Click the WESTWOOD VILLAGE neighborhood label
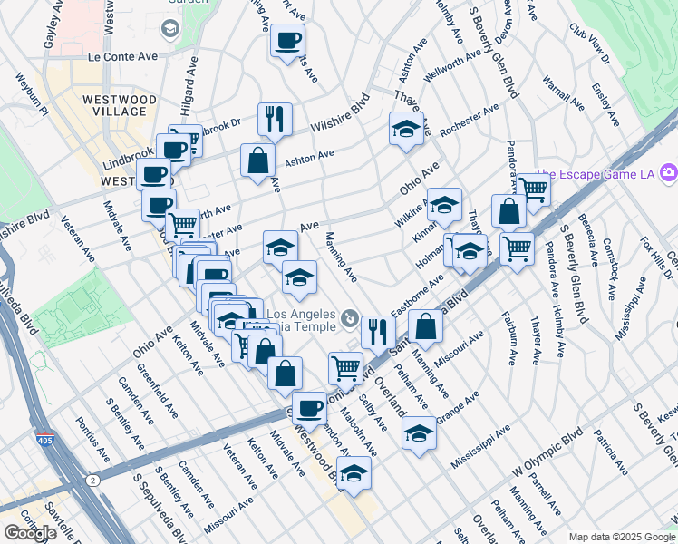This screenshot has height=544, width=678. (113, 104)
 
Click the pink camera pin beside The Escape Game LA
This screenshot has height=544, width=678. (668, 171)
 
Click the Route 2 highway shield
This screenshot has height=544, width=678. (92, 479)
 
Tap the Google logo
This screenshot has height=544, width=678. (30, 533)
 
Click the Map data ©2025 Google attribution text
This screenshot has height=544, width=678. (621, 537)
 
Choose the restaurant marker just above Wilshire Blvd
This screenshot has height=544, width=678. (274, 118)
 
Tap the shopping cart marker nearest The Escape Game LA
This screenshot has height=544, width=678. (534, 189)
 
